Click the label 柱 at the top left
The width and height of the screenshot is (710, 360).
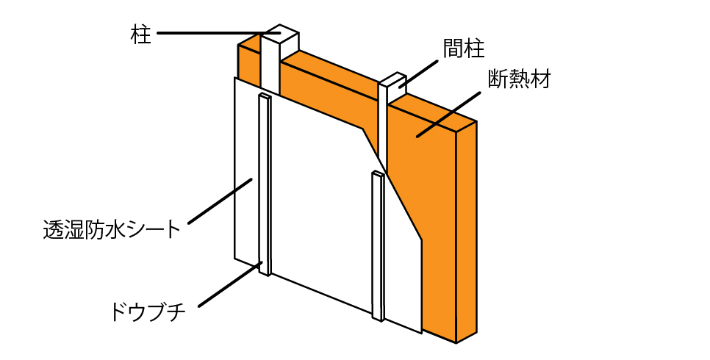[140, 34]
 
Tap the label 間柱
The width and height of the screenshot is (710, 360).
[464, 48]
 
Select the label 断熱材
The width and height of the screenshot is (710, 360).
[520, 79]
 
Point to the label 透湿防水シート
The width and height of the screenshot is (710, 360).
[112, 229]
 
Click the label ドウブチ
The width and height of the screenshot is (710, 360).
[148, 311]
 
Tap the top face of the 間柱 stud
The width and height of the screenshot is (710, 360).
[392, 79]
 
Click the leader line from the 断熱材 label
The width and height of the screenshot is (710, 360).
[448, 115]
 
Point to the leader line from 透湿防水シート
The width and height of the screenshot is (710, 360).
[220, 201]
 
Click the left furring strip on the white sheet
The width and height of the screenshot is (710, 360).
[265, 184]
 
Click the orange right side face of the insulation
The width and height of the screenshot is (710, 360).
[467, 231]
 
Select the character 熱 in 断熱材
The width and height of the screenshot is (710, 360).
[520, 79]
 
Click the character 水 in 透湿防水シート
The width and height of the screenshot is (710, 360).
[119, 229]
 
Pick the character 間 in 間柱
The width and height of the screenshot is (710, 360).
[453, 48]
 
